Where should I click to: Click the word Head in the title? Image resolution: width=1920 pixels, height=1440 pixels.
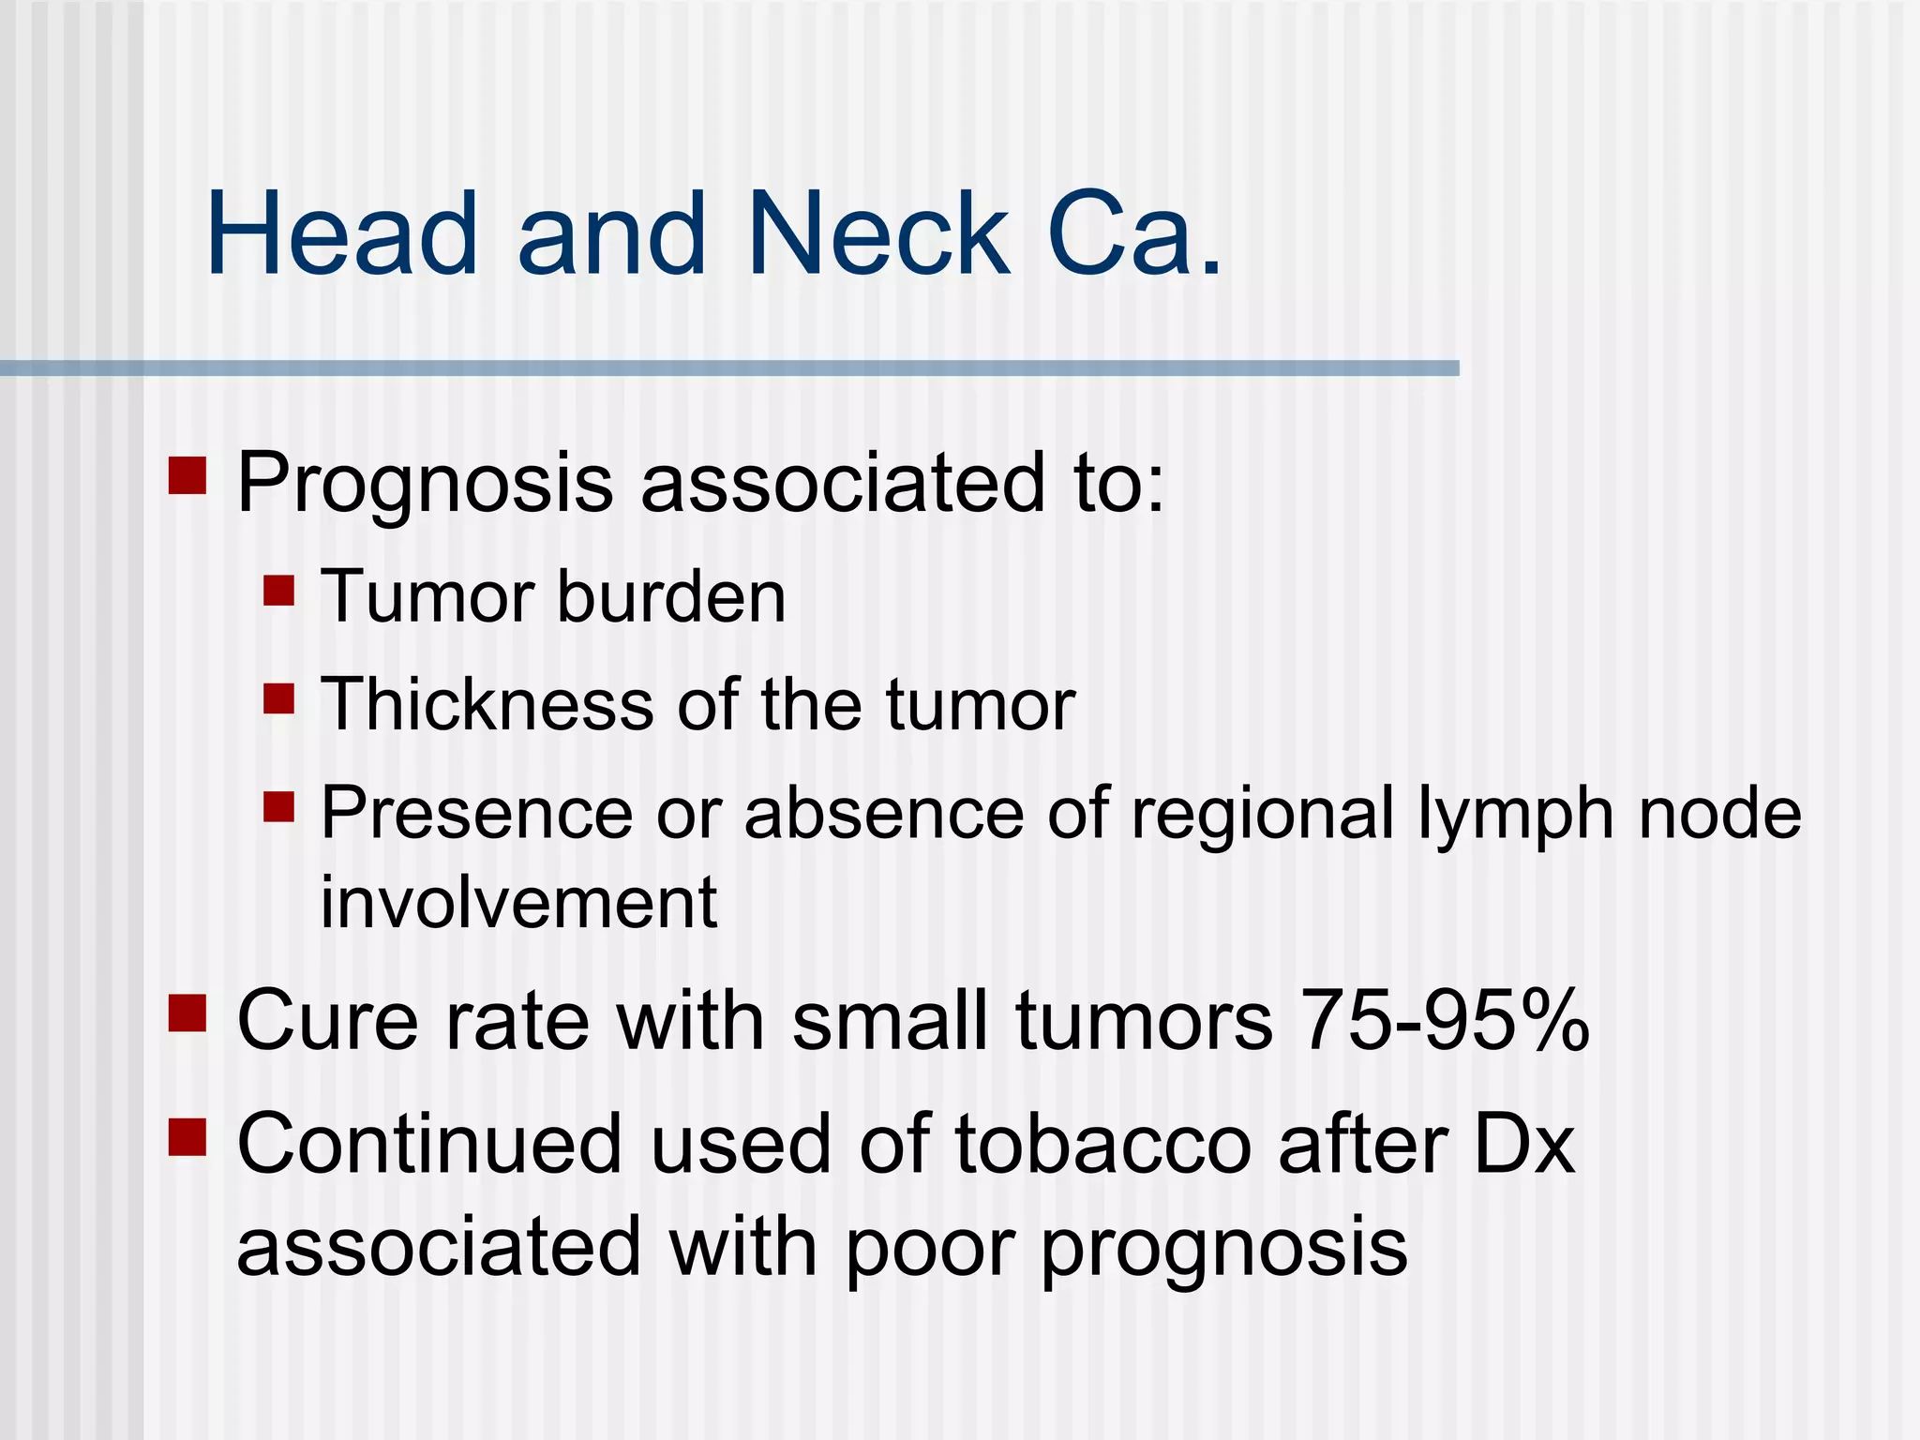click(x=342, y=233)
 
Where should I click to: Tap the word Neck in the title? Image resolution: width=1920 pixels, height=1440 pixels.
click(x=878, y=233)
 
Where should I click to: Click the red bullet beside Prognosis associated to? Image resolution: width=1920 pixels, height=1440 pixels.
click(x=187, y=475)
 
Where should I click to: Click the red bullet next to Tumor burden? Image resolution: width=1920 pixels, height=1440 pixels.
click(x=278, y=592)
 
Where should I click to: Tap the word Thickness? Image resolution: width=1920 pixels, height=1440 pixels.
click(x=487, y=704)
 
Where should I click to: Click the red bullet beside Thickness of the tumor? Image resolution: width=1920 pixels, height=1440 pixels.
click(x=278, y=698)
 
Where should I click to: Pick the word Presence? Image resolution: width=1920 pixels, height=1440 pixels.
click(x=476, y=813)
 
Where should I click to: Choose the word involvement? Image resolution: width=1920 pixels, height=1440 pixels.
click(x=518, y=902)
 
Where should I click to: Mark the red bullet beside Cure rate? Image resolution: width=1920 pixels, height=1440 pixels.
click(x=187, y=1012)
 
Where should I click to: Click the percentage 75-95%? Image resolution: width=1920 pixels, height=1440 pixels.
click(x=1445, y=1020)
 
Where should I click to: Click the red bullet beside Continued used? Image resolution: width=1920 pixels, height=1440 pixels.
click(x=187, y=1137)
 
